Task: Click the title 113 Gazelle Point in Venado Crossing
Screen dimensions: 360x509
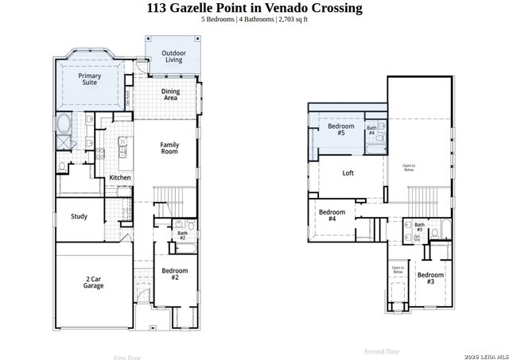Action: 254,9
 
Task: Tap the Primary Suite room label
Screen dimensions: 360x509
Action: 90,79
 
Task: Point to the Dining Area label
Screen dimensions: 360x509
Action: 170,95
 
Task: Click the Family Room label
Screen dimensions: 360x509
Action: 169,149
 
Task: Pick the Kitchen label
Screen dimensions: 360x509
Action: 120,177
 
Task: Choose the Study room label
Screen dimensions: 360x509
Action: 79,216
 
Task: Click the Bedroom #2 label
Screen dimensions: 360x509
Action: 175,273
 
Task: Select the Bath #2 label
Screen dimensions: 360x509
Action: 182,235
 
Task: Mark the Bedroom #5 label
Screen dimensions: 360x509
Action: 341,130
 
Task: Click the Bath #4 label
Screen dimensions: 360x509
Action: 371,130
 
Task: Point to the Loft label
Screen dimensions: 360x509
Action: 348,172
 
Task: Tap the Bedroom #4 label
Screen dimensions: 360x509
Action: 332,215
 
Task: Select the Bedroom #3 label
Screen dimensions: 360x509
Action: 430,278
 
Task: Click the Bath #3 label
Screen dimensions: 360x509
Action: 419,227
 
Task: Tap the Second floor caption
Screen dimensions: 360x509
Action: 382,350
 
